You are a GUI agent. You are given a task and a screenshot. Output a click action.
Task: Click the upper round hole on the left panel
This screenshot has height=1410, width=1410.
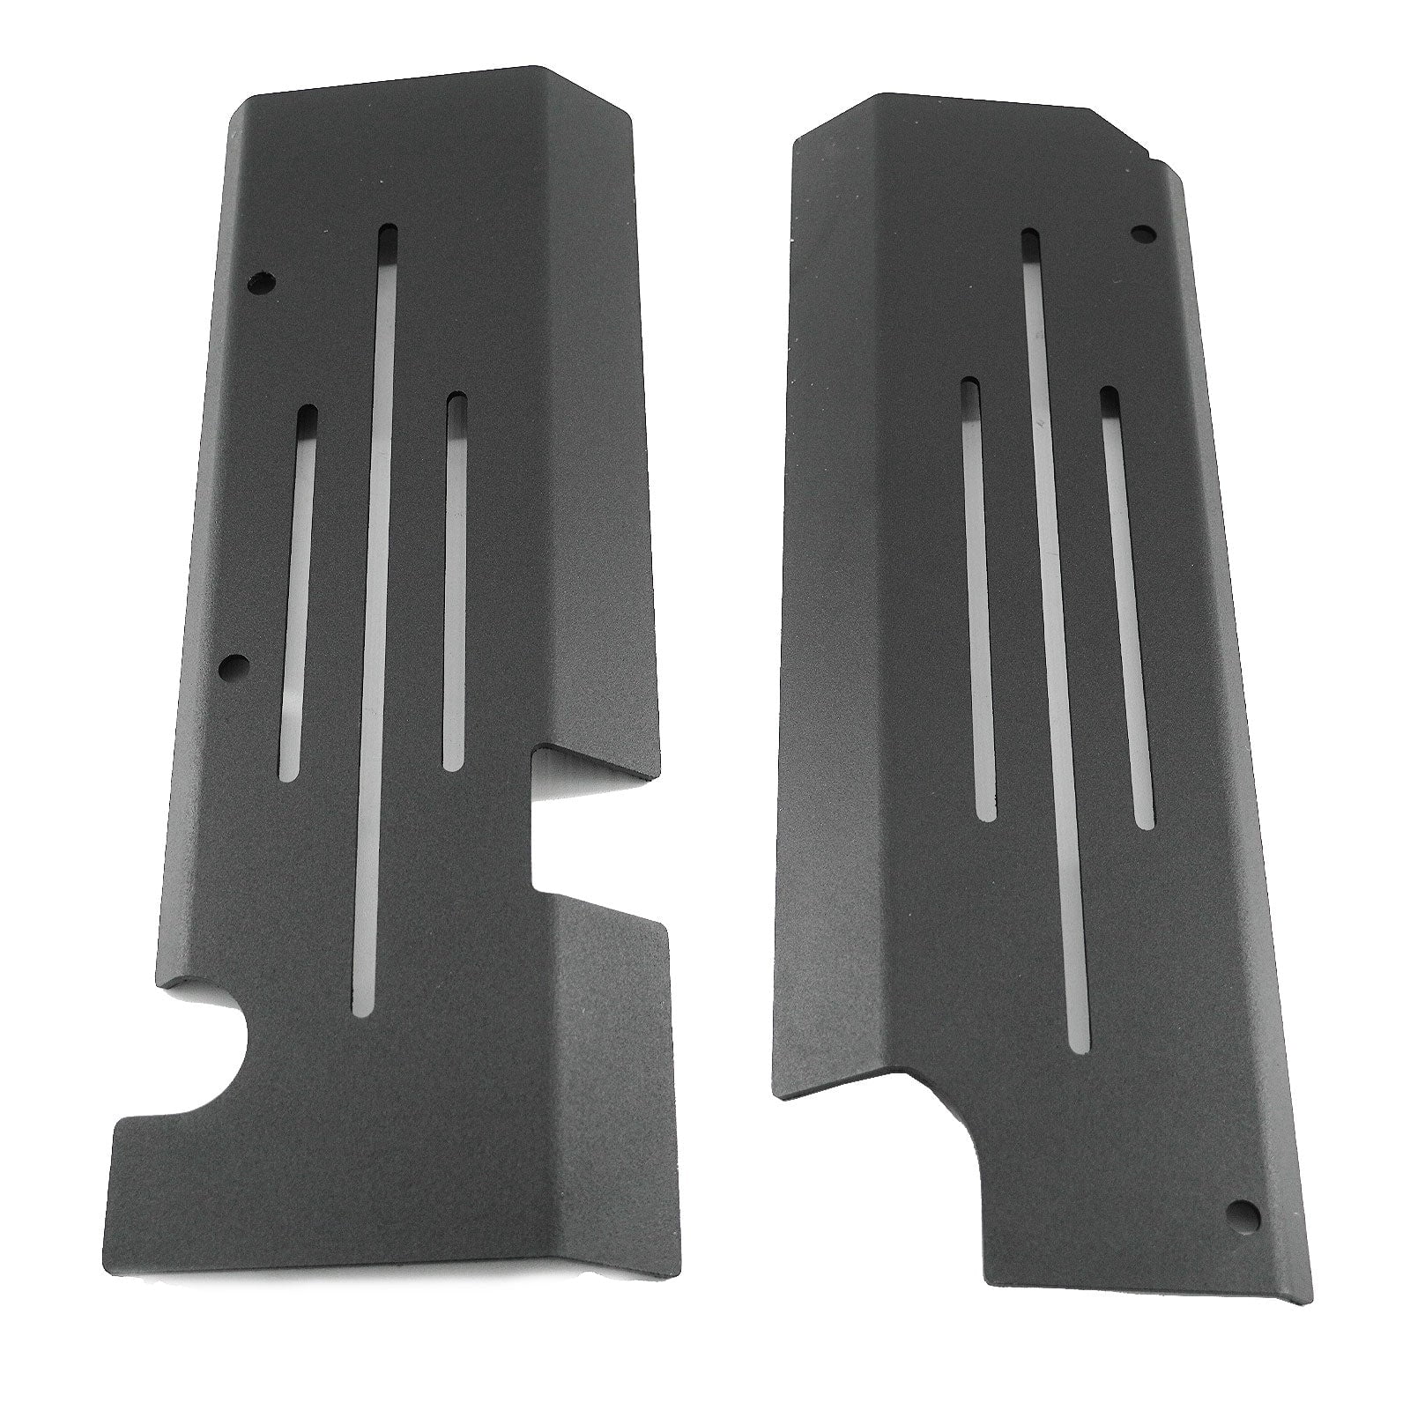[x=262, y=284]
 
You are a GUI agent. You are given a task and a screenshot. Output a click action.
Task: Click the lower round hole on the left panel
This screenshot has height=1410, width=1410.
[x=234, y=665]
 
